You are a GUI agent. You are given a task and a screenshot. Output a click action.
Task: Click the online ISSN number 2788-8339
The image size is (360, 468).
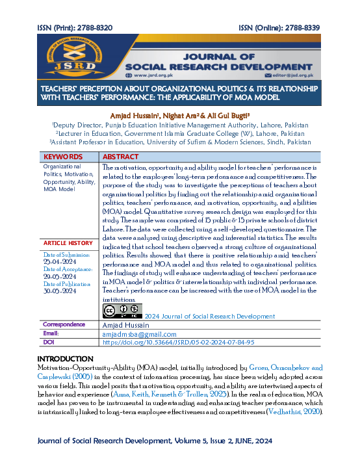pos(302,28)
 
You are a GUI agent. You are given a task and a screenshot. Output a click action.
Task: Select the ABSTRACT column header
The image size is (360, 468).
pos(120,157)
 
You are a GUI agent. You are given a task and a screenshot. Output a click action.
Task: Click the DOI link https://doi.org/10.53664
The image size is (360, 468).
pos(178,341)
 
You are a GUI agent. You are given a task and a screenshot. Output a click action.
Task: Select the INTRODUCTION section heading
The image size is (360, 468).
pos(66,359)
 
